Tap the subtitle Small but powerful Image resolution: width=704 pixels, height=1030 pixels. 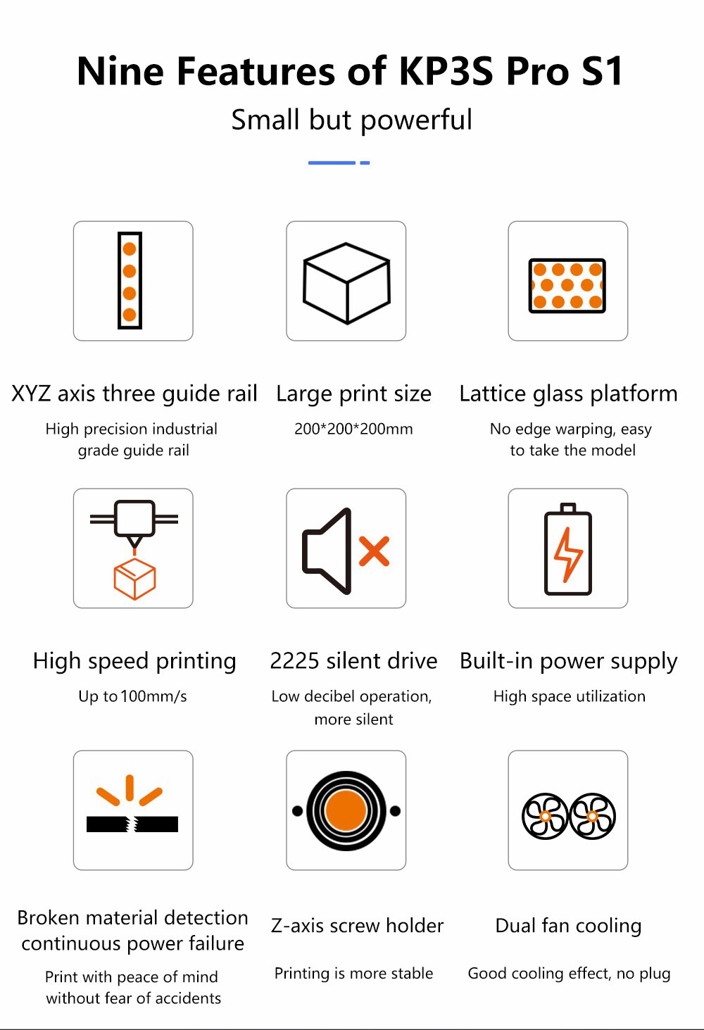click(351, 120)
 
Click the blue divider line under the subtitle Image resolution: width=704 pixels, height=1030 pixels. click(339, 163)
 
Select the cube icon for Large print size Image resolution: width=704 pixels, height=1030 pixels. click(346, 282)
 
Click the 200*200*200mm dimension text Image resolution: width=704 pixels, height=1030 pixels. click(353, 429)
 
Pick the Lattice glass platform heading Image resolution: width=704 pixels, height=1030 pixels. click(568, 394)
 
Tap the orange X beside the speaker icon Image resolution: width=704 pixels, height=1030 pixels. click(374, 551)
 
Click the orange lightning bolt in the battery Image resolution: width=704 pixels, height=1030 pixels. click(568, 554)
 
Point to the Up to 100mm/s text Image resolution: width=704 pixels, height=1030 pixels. click(132, 696)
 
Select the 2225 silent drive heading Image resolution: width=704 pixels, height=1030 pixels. click(353, 661)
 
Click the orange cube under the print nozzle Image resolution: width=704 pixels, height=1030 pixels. click(134, 579)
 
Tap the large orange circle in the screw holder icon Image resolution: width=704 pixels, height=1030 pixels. click(346, 810)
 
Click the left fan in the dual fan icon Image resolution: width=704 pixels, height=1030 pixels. click(545, 816)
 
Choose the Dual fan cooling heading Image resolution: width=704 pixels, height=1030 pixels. click(568, 926)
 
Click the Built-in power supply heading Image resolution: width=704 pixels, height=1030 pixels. click(568, 661)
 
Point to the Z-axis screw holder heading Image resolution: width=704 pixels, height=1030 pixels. click(357, 926)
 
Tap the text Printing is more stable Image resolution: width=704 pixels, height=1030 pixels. click(353, 974)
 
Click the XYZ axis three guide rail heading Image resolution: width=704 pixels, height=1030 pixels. click(134, 394)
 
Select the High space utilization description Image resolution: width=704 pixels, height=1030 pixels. click(569, 696)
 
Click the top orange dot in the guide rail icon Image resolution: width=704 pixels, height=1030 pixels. click(130, 249)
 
